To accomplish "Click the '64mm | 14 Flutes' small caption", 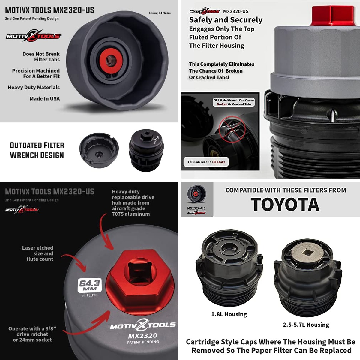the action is [x=160, y=13].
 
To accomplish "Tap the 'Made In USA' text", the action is [x=45, y=99].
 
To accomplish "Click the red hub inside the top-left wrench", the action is [x=111, y=60].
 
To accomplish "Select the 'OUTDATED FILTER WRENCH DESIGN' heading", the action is [x=37, y=150].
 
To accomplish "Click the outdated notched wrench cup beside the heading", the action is [x=99, y=150].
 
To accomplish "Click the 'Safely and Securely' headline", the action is [x=226, y=20].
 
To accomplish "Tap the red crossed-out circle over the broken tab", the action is [x=232, y=129].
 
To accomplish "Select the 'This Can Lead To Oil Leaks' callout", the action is [x=206, y=162].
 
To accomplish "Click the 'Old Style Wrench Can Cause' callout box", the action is [x=234, y=102].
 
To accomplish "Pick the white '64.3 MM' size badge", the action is [x=90, y=285].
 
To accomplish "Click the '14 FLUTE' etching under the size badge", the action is [x=89, y=295].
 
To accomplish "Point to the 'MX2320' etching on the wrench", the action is [x=143, y=336].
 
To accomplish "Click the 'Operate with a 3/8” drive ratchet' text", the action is [x=32, y=331].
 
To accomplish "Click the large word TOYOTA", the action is [x=285, y=205].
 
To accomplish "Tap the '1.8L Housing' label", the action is [x=229, y=314].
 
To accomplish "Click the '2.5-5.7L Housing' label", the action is [x=306, y=325].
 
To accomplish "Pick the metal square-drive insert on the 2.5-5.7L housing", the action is [x=307, y=253].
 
